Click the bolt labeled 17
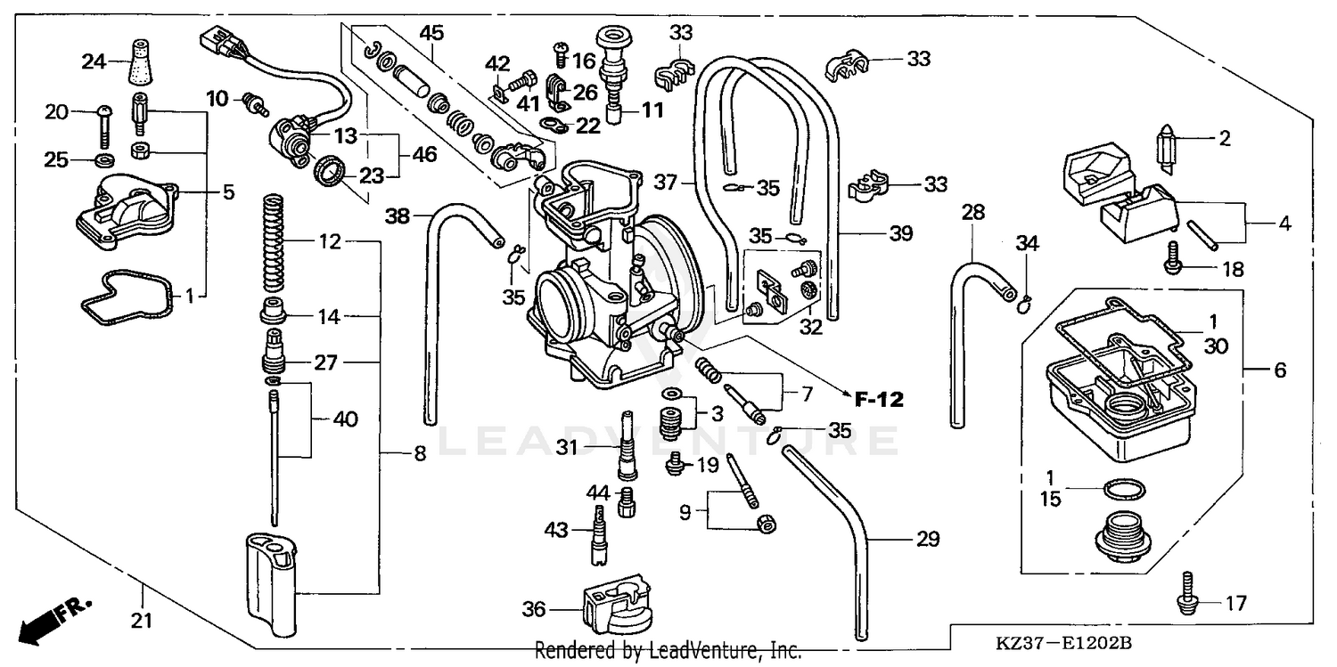coord(1185,592)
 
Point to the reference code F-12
coord(879,400)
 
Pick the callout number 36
coord(534,609)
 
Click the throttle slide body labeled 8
coord(269,576)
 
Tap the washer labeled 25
coord(103,160)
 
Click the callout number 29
coord(927,540)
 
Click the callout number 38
coord(398,215)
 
